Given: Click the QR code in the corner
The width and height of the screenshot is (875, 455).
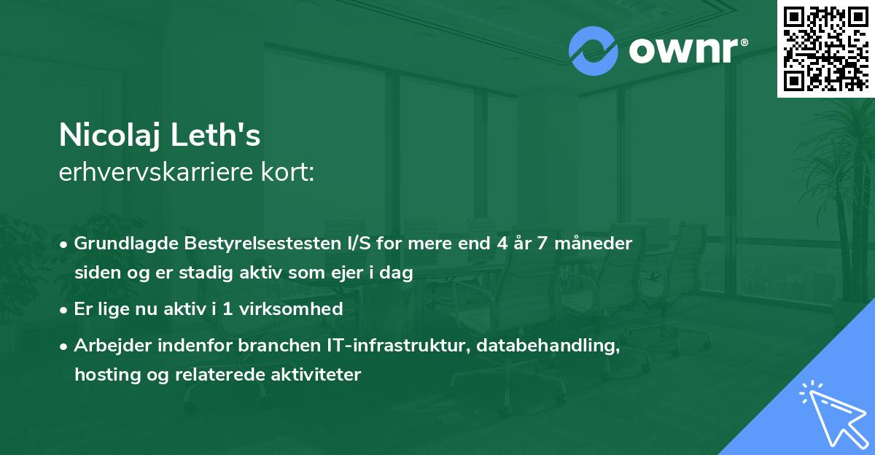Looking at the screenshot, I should tap(826, 48).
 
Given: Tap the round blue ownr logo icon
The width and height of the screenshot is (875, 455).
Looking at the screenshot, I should tap(594, 51).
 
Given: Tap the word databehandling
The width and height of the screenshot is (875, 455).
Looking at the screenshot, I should tap(549, 346).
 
